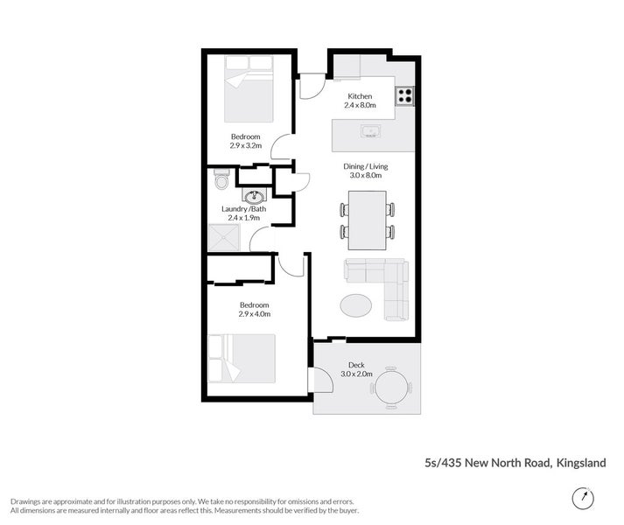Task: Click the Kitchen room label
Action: pyautogui.click(x=360, y=96)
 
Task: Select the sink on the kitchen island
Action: pyautogui.click(x=369, y=132)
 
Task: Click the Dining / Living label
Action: pyautogui.click(x=365, y=166)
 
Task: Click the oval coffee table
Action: pyautogui.click(x=355, y=305)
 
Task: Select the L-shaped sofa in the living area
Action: pyautogui.click(x=385, y=284)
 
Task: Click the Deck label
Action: pyautogui.click(x=356, y=365)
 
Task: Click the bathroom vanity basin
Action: pyautogui.click(x=255, y=196)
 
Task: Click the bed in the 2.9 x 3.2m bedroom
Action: pyautogui.click(x=249, y=88)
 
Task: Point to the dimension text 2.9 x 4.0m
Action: pyautogui.click(x=254, y=313)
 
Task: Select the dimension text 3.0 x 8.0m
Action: pyautogui.click(x=365, y=176)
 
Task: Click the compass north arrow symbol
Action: pyautogui.click(x=580, y=497)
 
